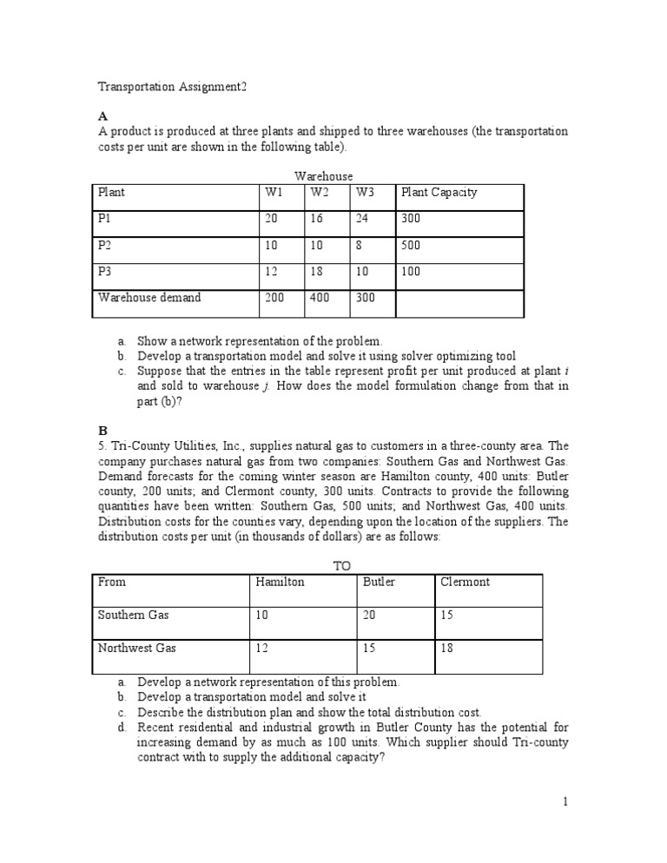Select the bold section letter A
(x=102, y=115)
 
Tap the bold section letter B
(x=102, y=429)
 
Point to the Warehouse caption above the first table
(x=323, y=175)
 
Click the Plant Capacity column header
(x=439, y=192)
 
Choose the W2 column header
(x=319, y=192)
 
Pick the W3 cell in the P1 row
(x=362, y=219)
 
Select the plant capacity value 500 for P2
(x=411, y=245)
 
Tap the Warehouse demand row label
(x=149, y=297)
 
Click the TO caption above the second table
(x=342, y=565)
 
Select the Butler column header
(x=378, y=582)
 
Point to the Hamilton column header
(x=280, y=582)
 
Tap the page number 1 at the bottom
(x=565, y=801)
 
